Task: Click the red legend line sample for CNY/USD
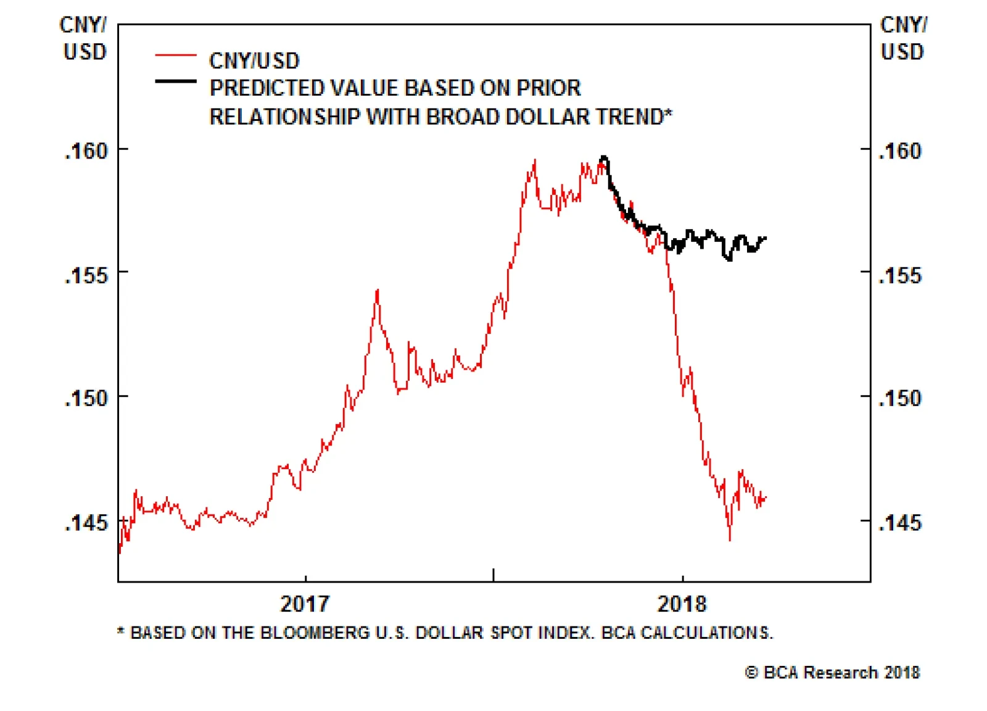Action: point(176,56)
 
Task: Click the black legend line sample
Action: point(176,81)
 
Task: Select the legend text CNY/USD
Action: point(254,61)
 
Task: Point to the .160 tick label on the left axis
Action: point(86,151)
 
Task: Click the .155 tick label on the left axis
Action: point(86,275)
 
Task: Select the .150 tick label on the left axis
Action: point(86,399)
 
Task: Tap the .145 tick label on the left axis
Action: point(86,523)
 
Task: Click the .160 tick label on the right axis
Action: point(900,151)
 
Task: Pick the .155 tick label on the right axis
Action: point(900,275)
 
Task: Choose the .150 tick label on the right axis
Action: point(900,399)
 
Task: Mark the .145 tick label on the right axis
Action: point(900,523)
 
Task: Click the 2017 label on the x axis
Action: point(305,604)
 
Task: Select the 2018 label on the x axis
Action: point(682,604)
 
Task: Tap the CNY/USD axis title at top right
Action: point(902,38)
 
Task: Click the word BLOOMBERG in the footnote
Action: point(315,633)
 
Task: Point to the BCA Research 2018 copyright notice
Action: point(833,673)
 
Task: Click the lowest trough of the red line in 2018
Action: point(730,539)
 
